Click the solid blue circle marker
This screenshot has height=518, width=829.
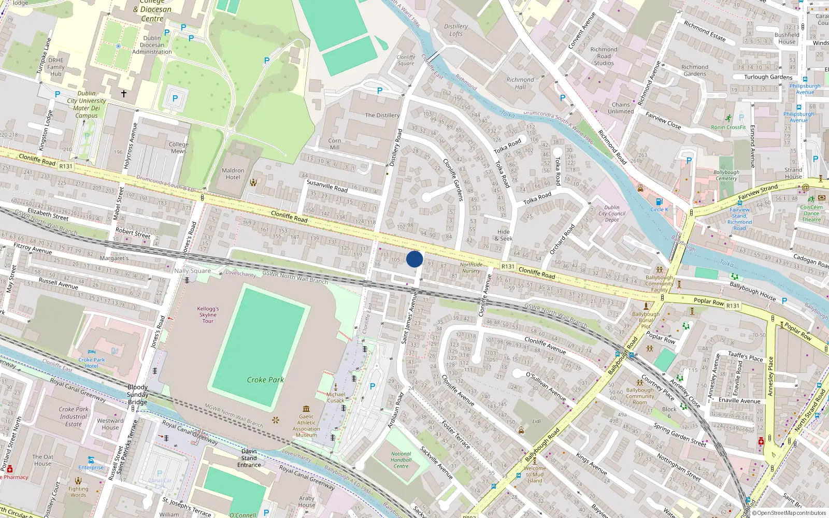[x=414, y=259]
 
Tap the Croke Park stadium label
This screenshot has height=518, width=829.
[x=265, y=380]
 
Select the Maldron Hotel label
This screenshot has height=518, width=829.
[x=233, y=174]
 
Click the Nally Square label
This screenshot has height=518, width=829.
[x=192, y=271]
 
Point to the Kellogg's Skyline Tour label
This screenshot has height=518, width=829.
[x=208, y=315]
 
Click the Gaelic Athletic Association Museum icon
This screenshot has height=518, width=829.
[x=306, y=409]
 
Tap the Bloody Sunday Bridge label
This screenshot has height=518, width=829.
[x=137, y=394]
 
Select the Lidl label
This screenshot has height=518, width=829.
[x=536, y=421]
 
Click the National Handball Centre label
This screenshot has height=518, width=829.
[x=401, y=460]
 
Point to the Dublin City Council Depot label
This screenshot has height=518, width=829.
[x=612, y=213]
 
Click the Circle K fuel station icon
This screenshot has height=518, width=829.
[x=659, y=202]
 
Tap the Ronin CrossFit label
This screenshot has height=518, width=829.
[x=728, y=127]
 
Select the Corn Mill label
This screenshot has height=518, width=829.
[x=335, y=144]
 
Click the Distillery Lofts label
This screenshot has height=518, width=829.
[x=456, y=30]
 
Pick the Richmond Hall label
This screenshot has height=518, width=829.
[x=520, y=83]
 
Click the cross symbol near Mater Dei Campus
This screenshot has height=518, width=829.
[x=124, y=94]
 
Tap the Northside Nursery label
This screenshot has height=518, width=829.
[x=471, y=268]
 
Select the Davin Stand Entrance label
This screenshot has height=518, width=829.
[x=249, y=458]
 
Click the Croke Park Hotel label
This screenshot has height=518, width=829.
[x=91, y=363]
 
